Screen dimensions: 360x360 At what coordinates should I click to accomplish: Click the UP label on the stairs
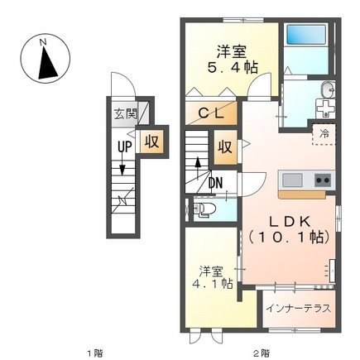pyautogui.click(x=123, y=147)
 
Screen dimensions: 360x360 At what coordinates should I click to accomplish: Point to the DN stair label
pyautogui.click(x=214, y=184)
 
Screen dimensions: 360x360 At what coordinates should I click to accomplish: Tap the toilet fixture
pyautogui.click(x=204, y=209)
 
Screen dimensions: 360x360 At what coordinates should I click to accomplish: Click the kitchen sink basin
pyautogui.click(x=292, y=180)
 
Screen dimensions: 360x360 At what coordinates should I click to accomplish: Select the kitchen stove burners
pyautogui.click(x=322, y=180)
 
